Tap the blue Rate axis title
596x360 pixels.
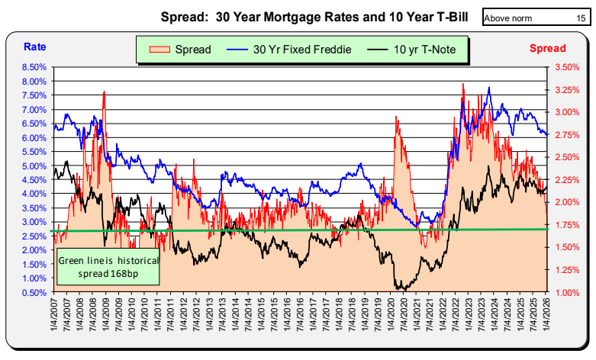click(x=34, y=47)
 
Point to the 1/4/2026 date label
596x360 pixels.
click(x=546, y=314)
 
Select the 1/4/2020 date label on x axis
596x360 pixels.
click(x=391, y=314)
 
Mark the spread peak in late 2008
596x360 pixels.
click(x=103, y=92)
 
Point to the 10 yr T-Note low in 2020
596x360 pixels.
click(x=399, y=289)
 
